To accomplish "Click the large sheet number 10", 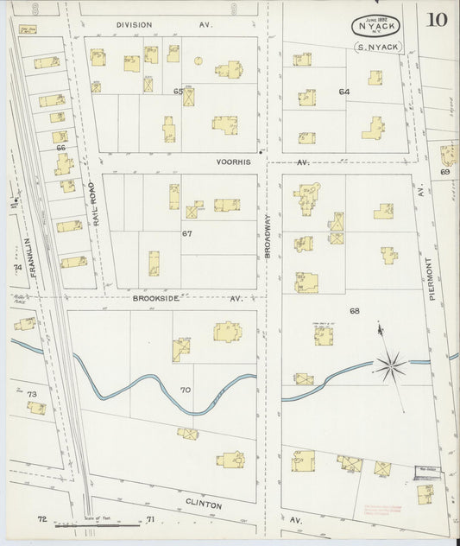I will click(x=436, y=20).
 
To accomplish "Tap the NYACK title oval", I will click(x=377, y=27).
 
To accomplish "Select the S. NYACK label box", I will click(x=378, y=47).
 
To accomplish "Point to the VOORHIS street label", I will click(x=234, y=161).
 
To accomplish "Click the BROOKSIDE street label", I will click(x=156, y=298).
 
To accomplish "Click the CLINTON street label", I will click(x=204, y=503).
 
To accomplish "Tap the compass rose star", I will click(x=390, y=365).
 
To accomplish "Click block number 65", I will click(x=179, y=91).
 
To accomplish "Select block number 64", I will click(x=344, y=92).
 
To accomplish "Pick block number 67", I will click(x=186, y=233).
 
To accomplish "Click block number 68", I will click(x=354, y=311).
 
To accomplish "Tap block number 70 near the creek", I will click(x=185, y=390).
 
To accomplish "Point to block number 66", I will click(x=60, y=148).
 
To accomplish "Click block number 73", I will click(x=32, y=395).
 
